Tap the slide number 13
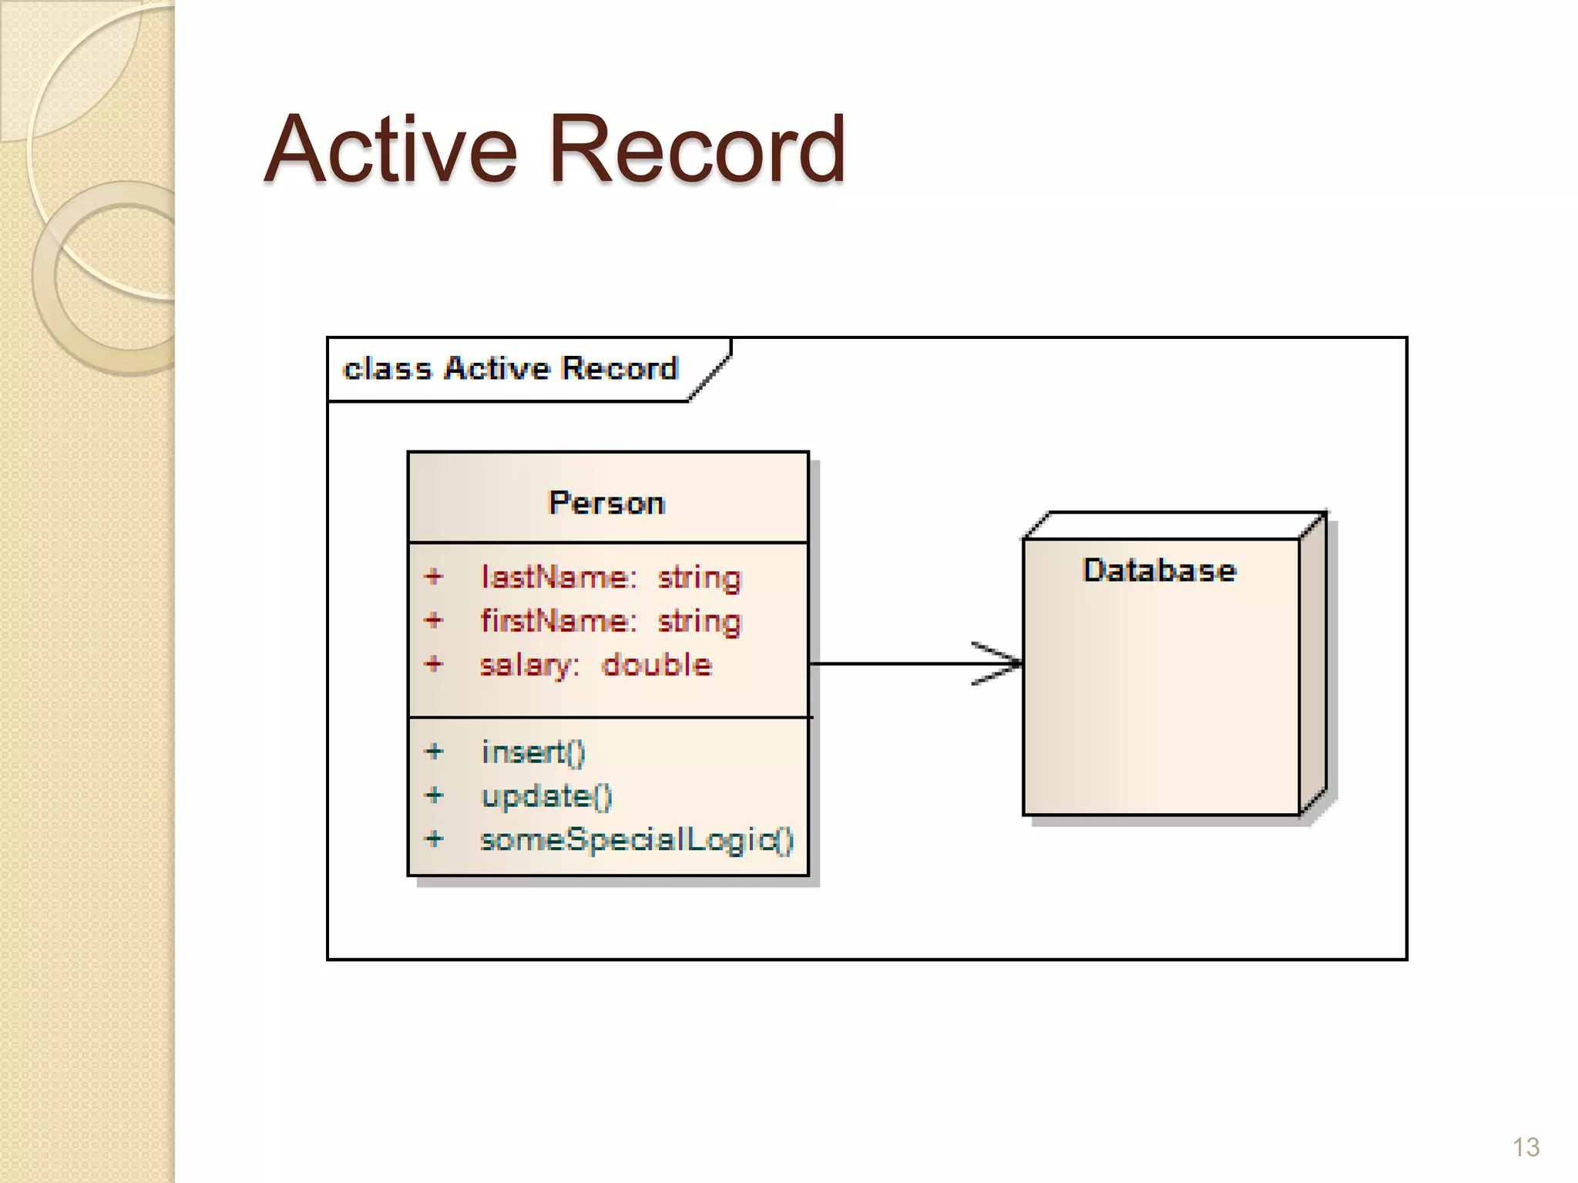point(1526,1148)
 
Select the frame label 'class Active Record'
point(510,369)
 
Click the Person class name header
point(607,503)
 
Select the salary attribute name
point(529,665)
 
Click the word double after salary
point(656,665)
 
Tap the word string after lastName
point(699,578)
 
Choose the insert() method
point(533,752)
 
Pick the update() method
point(546,796)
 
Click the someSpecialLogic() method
point(636,839)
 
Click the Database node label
point(1159,571)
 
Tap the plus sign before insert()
point(435,751)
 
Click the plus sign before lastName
point(434,576)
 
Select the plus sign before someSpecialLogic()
point(435,838)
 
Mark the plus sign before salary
point(434,663)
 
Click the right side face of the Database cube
point(1313,666)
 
